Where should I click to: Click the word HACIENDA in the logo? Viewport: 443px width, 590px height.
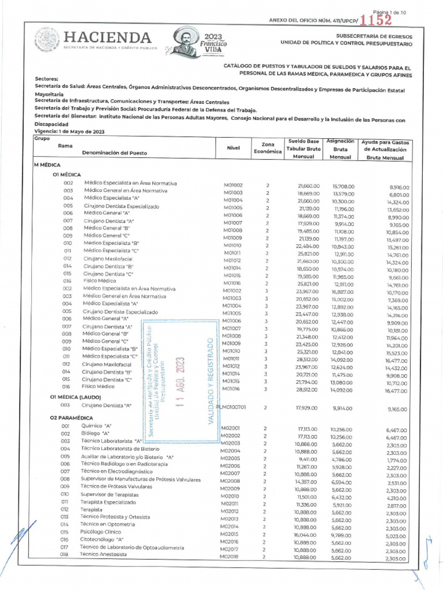[x=108, y=37]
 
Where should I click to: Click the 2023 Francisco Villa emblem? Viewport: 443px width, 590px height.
[x=198, y=44]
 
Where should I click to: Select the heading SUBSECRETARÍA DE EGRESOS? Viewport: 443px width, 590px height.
[x=377, y=36]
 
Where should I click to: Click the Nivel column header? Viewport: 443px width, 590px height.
[x=234, y=148]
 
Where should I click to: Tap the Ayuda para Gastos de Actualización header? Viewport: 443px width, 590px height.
[x=384, y=149]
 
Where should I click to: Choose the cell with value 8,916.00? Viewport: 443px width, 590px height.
[x=394, y=187]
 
